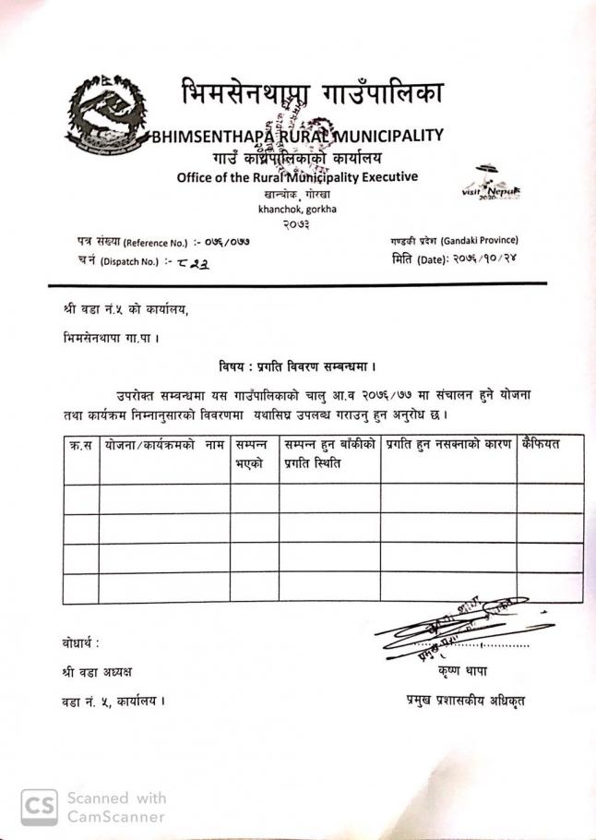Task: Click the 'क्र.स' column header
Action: (x=81, y=445)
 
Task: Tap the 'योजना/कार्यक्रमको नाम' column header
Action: (x=165, y=445)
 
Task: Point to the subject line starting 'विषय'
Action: (x=296, y=367)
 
